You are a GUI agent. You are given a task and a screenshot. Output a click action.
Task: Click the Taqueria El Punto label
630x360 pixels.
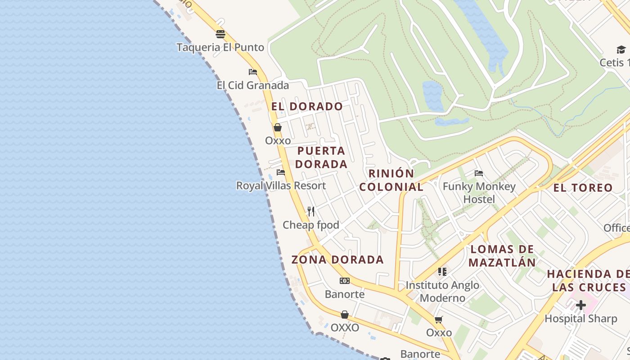coord(220,47)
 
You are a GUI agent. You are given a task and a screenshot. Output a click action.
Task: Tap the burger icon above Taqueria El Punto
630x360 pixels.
coord(220,34)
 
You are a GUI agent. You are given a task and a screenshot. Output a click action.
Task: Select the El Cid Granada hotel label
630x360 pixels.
coord(253,85)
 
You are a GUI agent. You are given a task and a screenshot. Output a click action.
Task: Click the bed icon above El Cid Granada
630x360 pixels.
coord(253,72)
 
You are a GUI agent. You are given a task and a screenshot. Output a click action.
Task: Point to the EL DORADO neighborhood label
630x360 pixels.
coord(307,107)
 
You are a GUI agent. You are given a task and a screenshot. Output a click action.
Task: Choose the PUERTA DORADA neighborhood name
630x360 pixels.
coord(321,157)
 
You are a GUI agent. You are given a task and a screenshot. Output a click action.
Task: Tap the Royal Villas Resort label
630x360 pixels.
coord(281,185)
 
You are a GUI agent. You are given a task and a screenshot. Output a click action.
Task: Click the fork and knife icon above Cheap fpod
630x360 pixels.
coord(311,211)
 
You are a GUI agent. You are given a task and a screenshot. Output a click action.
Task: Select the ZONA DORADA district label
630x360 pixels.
coord(337,260)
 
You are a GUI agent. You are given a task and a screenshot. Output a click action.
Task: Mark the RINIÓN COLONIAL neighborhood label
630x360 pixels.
coord(391,180)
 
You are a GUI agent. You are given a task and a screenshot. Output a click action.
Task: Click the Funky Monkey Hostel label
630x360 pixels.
coord(479,193)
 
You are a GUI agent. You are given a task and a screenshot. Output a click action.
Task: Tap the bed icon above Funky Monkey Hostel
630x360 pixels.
coord(479,173)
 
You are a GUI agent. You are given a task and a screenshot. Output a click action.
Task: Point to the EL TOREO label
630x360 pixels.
coord(583,188)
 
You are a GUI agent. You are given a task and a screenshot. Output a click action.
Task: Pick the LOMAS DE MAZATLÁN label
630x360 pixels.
coord(502,256)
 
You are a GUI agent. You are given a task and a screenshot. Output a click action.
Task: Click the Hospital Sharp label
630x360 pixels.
coord(581,319)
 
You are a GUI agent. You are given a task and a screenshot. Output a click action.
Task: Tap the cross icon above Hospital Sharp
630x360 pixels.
coord(581,305)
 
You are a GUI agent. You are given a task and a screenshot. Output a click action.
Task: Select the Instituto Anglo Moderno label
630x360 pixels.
coord(442,292)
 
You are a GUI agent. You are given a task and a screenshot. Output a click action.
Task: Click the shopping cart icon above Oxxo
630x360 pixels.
coord(439,319)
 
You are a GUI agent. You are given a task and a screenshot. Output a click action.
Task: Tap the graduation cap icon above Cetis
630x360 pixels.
coord(621,49)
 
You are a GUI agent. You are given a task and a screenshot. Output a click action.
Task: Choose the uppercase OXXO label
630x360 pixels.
coord(345,328)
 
